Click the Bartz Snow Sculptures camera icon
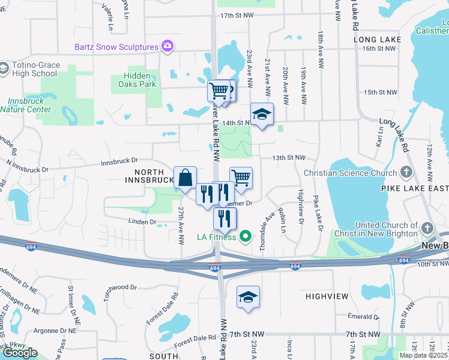click(x=167, y=46)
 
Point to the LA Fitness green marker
click(x=245, y=236)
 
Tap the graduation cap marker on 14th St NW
click(x=262, y=114)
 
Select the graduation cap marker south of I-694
click(x=248, y=297)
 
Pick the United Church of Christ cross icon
click(x=427, y=229)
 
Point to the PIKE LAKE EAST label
click(x=414, y=188)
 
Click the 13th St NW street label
click(x=289, y=158)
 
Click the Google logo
click(x=20, y=353)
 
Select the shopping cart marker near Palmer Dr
click(x=240, y=176)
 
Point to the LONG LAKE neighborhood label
click(x=378, y=40)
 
